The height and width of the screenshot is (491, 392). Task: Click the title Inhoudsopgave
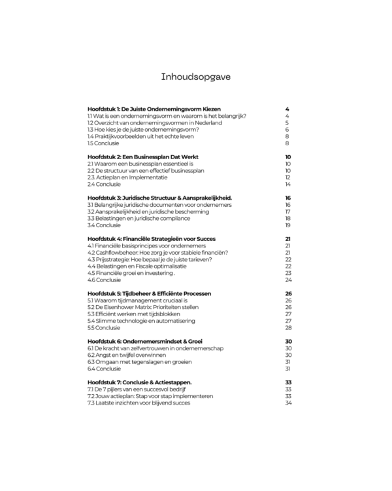(195, 77)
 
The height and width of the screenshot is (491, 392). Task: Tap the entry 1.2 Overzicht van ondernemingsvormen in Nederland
(155, 122)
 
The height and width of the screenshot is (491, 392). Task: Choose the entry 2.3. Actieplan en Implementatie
(127, 177)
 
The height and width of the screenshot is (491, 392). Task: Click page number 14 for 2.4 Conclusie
(287, 185)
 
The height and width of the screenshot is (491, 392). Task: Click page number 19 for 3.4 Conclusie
(287, 225)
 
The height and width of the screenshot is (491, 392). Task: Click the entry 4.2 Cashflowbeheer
(166, 253)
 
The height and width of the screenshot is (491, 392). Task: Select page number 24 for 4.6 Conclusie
(287, 280)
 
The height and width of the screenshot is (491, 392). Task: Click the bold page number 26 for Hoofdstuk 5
(287, 293)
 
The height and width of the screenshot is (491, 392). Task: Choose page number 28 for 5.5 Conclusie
(287, 327)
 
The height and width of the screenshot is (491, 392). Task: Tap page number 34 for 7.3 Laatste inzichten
(287, 403)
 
